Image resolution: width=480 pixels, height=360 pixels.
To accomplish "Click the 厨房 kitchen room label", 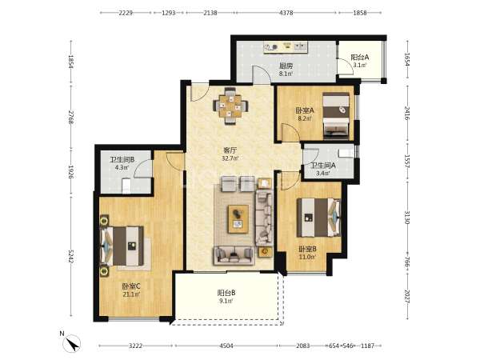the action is pyautogui.click(x=286, y=66).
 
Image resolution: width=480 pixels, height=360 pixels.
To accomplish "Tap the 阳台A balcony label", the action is pyautogui.click(x=360, y=58).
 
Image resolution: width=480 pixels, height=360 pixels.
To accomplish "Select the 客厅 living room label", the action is pyautogui.click(x=230, y=150).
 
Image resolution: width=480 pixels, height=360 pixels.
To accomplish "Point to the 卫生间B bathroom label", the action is pyautogui.click(x=122, y=159).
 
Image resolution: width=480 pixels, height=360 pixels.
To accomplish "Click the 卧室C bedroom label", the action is pyautogui.click(x=131, y=286).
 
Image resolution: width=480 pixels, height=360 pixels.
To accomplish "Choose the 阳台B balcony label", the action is pyautogui.click(x=226, y=293).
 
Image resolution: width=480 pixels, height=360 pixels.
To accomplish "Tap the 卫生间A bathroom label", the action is pyautogui.click(x=323, y=166).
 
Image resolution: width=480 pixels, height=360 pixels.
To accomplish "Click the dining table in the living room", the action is pyautogui.click(x=230, y=106).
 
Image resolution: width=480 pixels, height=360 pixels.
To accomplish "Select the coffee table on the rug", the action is pyautogui.click(x=238, y=219).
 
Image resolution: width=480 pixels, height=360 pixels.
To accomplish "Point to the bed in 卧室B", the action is pyautogui.click(x=318, y=218).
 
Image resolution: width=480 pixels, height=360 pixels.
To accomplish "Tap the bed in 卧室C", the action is pyautogui.click(x=122, y=246).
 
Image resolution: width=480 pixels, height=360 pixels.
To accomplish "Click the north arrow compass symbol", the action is pyautogui.click(x=72, y=343).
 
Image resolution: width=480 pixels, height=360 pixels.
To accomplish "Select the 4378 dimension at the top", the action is pyautogui.click(x=286, y=13).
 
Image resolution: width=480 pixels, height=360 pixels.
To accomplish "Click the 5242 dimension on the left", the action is pyautogui.click(x=70, y=256).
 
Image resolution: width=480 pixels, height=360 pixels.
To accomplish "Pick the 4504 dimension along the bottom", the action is pyautogui.click(x=226, y=346).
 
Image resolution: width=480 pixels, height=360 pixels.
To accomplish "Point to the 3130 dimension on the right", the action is pyautogui.click(x=407, y=217).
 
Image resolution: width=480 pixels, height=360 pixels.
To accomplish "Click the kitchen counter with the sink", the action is pyautogui.click(x=286, y=47).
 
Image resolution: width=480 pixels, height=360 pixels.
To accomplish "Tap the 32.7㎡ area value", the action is pyautogui.click(x=230, y=158).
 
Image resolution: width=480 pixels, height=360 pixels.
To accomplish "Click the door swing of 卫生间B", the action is pyautogui.click(x=142, y=168).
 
